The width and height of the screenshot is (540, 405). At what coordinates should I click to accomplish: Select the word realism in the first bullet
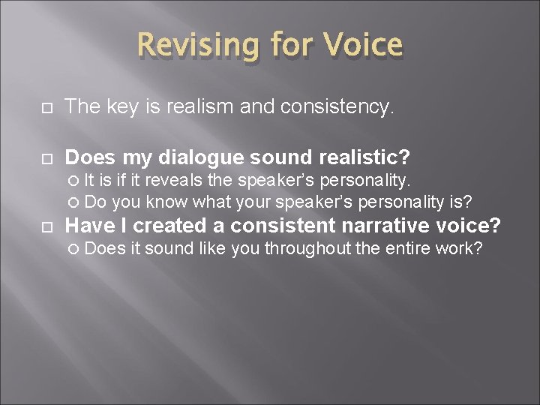click(198, 107)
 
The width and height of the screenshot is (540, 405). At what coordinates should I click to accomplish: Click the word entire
click(406, 248)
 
